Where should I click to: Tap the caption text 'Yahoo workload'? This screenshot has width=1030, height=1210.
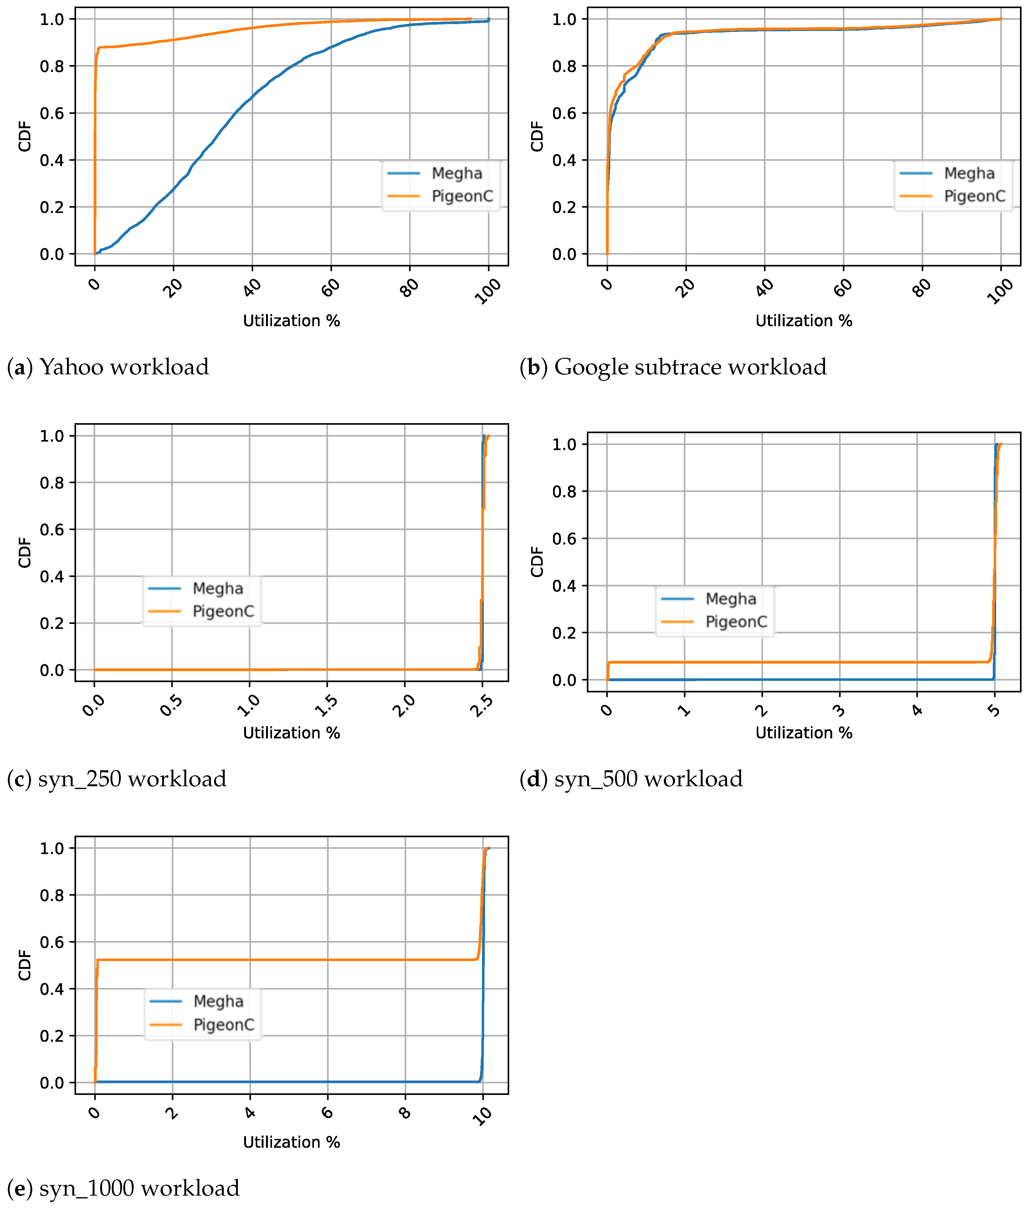tap(124, 367)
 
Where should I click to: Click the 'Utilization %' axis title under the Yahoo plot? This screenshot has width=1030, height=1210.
tap(291, 321)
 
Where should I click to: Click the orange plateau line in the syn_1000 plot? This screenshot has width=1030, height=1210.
tap(286, 960)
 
